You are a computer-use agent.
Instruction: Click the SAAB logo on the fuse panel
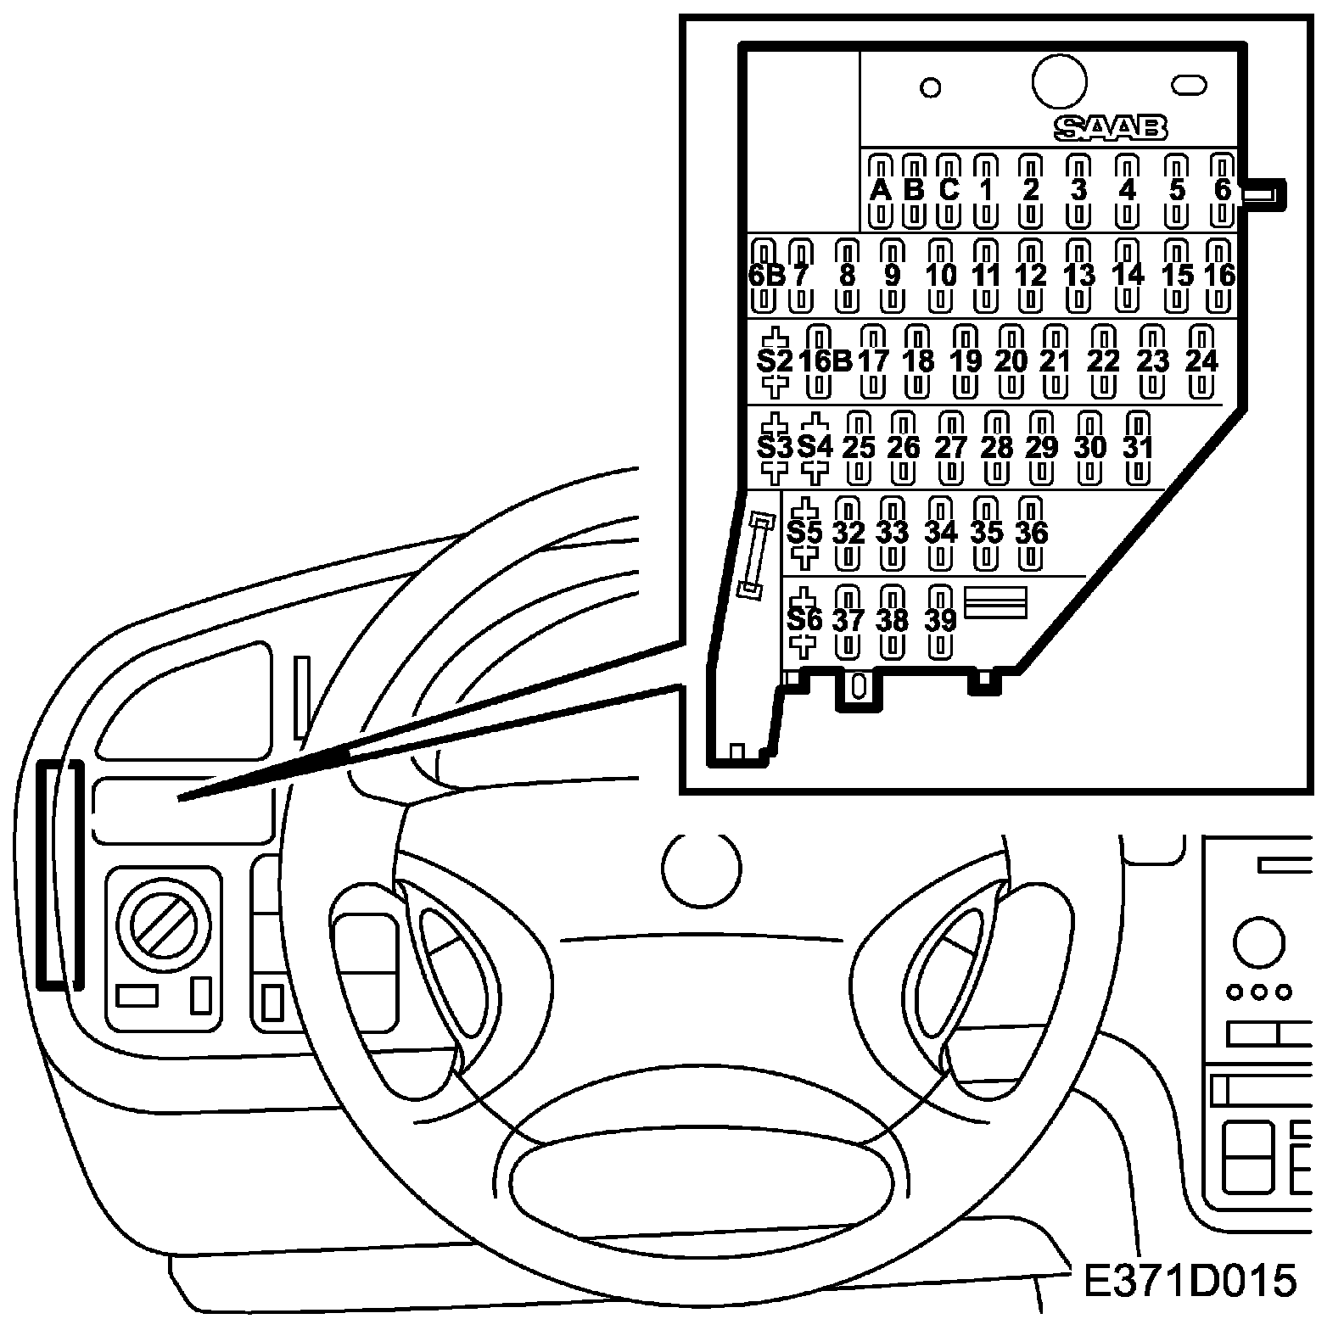pyautogui.click(x=1110, y=128)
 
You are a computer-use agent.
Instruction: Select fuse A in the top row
pyautogui.click(x=882, y=190)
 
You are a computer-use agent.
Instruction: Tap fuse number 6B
pyautogui.click(x=765, y=276)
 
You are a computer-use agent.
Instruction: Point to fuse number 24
pyautogui.click(x=1201, y=360)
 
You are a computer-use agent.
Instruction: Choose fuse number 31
pyautogui.click(x=1138, y=446)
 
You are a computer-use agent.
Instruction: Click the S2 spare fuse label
pyautogui.click(x=775, y=361)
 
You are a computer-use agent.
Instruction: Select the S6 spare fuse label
pyautogui.click(x=804, y=620)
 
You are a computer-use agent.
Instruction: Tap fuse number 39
pyautogui.click(x=940, y=620)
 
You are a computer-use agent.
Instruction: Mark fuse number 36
pyautogui.click(x=1031, y=533)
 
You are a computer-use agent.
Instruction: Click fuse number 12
pyautogui.click(x=1031, y=276)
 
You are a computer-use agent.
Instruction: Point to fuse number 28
pyautogui.click(x=997, y=446)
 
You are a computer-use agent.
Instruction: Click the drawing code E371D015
pyautogui.click(x=1190, y=1282)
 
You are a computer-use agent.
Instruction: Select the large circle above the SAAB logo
pyautogui.click(x=1059, y=81)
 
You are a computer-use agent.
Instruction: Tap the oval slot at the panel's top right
pyautogui.click(x=1189, y=85)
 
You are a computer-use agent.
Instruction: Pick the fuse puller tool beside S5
pyautogui.click(x=756, y=556)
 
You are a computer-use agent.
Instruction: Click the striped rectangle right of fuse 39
pyautogui.click(x=996, y=602)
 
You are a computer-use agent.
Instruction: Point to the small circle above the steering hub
pyautogui.click(x=701, y=870)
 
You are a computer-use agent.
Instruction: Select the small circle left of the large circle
pyautogui.click(x=931, y=87)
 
